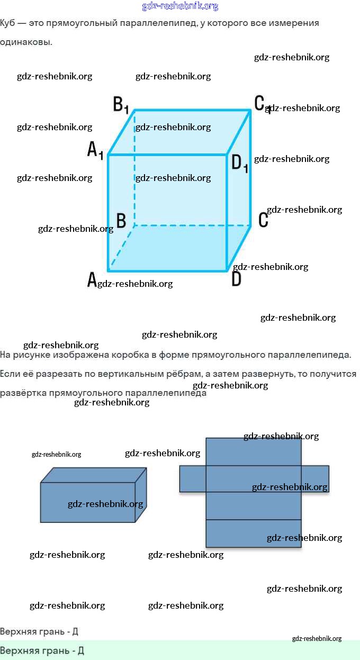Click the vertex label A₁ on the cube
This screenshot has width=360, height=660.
(x=95, y=150)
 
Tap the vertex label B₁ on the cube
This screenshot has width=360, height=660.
(x=121, y=104)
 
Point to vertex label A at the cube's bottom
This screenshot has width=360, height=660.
(x=92, y=279)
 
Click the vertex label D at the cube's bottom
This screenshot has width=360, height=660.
(x=236, y=279)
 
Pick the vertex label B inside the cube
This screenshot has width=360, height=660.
(x=121, y=221)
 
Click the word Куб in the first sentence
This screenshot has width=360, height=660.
(x=7, y=23)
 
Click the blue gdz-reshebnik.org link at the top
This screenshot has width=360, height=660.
(x=180, y=6)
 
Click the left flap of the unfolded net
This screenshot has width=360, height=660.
(x=192, y=478)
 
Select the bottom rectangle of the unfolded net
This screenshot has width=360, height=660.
(x=253, y=534)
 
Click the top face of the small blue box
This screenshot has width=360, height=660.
(x=93, y=475)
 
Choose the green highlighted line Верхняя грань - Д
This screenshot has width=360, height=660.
(x=42, y=650)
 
